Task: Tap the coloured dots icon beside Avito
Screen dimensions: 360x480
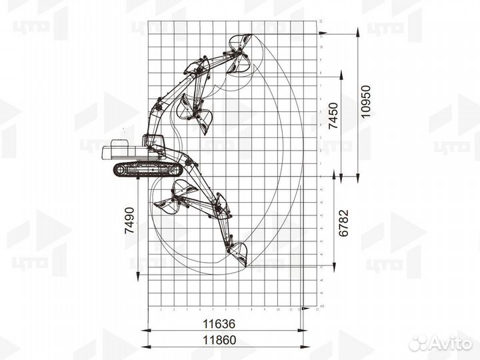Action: pyautogui.click(x=418, y=343)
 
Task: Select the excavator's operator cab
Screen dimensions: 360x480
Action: pyautogui.click(x=154, y=142)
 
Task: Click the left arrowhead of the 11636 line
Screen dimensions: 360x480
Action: pyautogui.click(x=147, y=331)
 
